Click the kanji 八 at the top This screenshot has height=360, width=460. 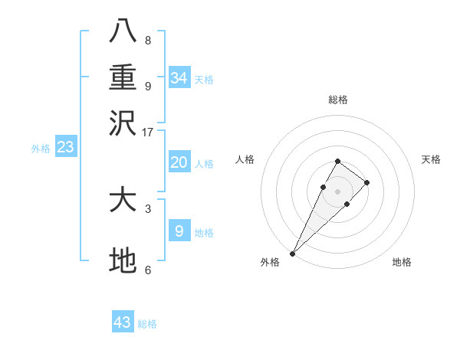pos(123,31)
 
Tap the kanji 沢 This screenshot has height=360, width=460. pos(123,122)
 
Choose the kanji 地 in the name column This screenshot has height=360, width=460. pos(123,261)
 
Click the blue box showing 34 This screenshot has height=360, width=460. pos(179,77)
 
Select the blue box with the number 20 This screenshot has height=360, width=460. pos(179,162)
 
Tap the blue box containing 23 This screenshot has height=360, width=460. pos(65,147)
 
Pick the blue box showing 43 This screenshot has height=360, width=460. pos(123,322)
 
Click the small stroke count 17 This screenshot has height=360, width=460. pos(148,132)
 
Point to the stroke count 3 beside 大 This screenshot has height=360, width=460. pos(148,208)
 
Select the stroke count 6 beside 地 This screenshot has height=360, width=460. pos(148,270)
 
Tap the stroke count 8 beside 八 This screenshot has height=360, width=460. pos(148,40)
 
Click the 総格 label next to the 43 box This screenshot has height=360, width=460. pos(147,324)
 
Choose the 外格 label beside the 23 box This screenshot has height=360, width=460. pos(41,149)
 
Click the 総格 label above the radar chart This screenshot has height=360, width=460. pos(337,100)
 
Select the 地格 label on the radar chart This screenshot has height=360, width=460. pos(402,262)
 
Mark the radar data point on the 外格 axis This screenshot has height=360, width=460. pos(292,253)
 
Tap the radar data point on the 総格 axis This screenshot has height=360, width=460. pos(337,161)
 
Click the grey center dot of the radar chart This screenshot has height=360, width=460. pos(337,190)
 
